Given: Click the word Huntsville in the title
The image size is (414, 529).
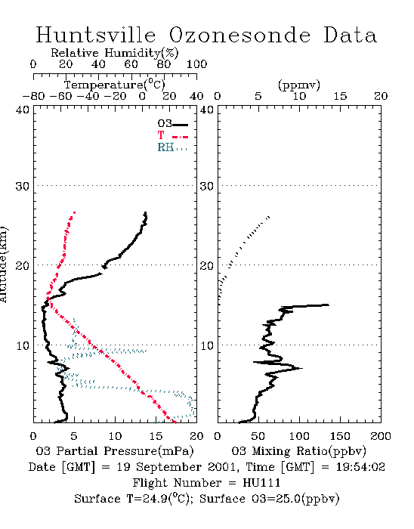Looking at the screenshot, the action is pos(96,35).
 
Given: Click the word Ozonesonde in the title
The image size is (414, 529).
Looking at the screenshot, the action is pos(239,35).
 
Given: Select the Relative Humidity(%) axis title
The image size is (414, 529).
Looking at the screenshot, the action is pos(115,53).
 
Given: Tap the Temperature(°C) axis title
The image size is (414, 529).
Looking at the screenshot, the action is pos(115,85).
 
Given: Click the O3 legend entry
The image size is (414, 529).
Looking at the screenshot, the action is pos(172,124).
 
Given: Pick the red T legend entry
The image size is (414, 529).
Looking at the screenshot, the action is pos(172,135).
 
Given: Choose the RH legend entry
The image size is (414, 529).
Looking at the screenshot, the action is pos(172,147).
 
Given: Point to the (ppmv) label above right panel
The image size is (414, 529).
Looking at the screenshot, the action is pos(299,85).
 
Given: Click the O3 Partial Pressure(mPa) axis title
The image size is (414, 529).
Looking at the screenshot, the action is pos(115,451).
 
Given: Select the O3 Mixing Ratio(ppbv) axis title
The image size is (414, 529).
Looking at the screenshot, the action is pos(298,451).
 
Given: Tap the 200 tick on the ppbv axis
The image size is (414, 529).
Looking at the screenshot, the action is pos(381,436).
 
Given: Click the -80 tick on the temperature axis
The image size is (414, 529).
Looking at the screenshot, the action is pos(33,96).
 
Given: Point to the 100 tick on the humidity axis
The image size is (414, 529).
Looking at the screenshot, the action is pos(196,64).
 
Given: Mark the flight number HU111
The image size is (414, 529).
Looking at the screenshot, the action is pos(261,483).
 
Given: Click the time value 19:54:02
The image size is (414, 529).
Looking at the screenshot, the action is pos(360,467).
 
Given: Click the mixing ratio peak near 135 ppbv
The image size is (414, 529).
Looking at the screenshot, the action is pos(328,305).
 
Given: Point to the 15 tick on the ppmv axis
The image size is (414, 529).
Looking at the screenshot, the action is pos(340,96).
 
